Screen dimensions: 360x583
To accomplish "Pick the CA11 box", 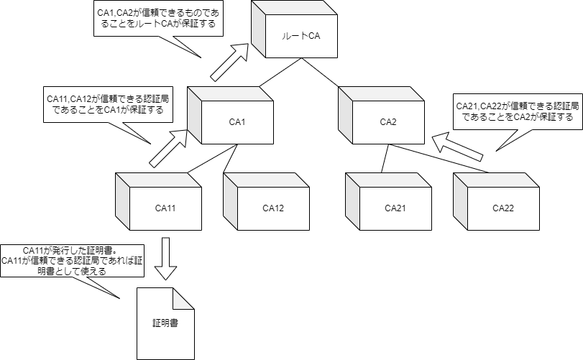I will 165,208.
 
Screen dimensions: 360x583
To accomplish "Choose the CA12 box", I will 273,208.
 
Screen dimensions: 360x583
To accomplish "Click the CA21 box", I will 395,208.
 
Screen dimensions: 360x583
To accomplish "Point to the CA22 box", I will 502,208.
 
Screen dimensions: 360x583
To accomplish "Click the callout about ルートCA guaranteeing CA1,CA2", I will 160,21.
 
